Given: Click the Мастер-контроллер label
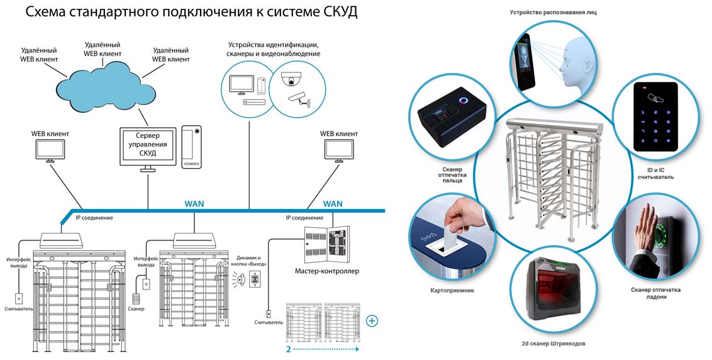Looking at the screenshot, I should pyautogui.click(x=327, y=271).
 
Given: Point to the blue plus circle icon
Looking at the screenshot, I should pyautogui.click(x=372, y=321).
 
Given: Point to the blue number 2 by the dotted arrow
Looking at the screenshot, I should pyautogui.click(x=288, y=348).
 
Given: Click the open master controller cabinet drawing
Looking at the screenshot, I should pyautogui.click(x=327, y=244).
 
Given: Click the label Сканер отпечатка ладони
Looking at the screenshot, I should pyautogui.click(x=655, y=293).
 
